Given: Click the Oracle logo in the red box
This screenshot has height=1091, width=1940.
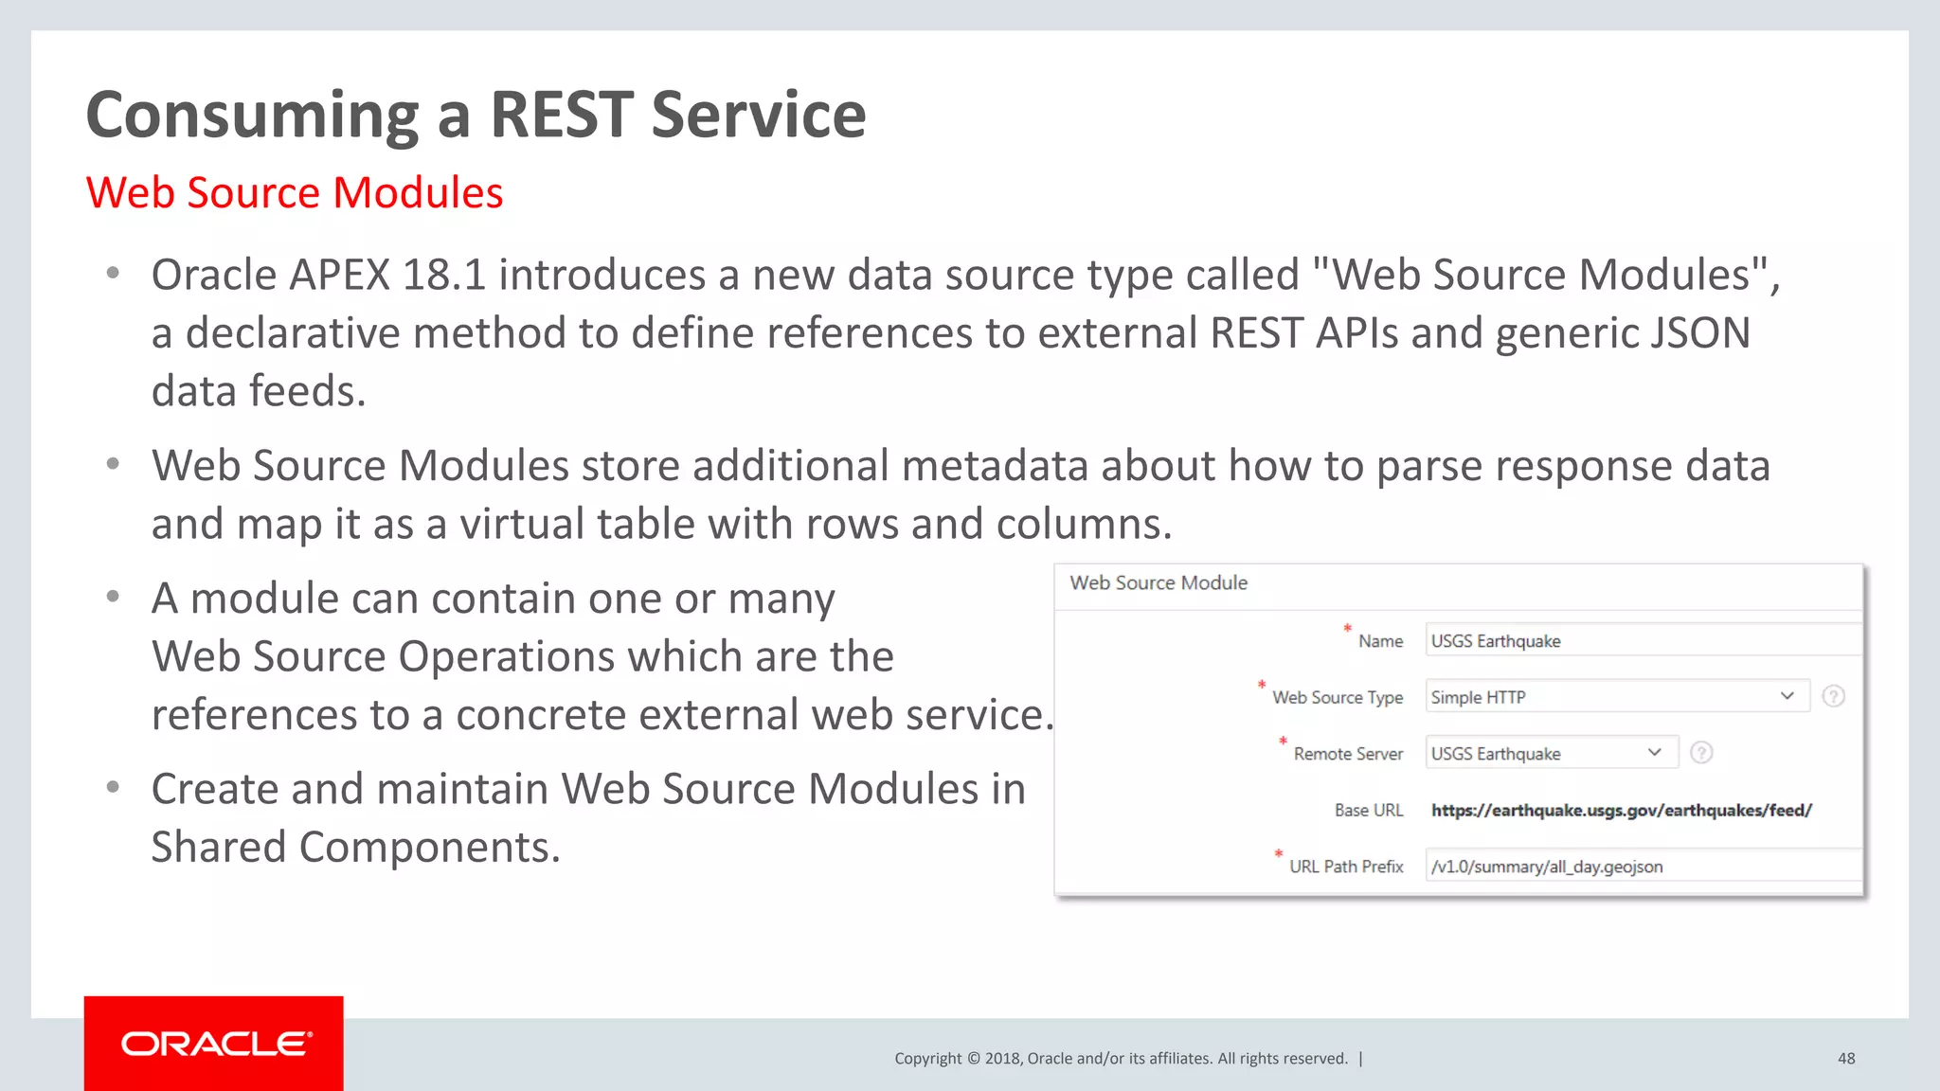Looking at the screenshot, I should [x=215, y=1044].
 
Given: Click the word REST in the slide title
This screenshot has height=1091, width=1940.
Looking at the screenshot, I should [x=561, y=115].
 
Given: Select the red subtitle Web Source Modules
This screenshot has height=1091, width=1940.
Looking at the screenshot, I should [x=294, y=193].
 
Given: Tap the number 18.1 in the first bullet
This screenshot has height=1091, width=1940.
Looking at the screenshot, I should [x=443, y=276].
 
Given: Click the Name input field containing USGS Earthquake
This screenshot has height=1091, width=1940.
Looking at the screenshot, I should [x=1641, y=641].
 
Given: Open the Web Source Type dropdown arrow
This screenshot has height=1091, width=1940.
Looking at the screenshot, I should [x=1787, y=696].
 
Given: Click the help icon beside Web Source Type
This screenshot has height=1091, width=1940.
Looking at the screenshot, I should [x=1834, y=696].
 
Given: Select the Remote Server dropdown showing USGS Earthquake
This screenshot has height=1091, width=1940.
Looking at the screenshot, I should [x=1551, y=753].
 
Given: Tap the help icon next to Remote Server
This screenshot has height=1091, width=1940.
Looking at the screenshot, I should [x=1701, y=753].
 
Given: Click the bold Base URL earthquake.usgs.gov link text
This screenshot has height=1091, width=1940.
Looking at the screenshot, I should [x=1621, y=810].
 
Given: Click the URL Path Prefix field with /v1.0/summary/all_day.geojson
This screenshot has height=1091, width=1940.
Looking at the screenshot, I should [x=1641, y=867].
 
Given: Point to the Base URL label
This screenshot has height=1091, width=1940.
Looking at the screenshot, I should [x=1368, y=810].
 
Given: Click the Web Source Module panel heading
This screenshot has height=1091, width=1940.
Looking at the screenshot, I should [x=1159, y=583].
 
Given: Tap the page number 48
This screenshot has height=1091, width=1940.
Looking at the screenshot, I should [x=1846, y=1059].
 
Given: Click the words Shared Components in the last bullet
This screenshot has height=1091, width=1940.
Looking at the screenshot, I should [x=355, y=848].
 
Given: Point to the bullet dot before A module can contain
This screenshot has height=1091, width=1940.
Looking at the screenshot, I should [x=113, y=597].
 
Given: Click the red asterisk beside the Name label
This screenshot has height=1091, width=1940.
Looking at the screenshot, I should [x=1347, y=628].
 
